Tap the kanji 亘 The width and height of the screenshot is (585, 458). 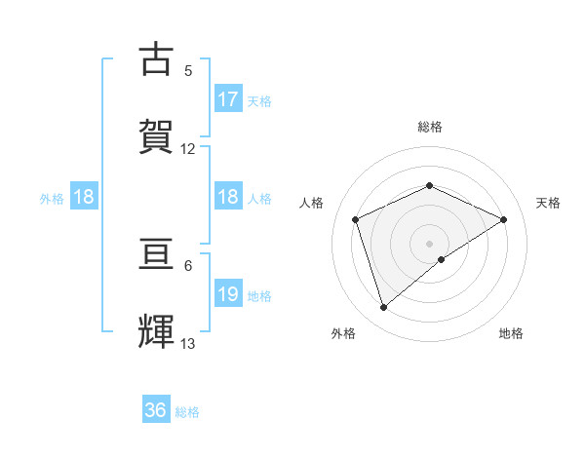coord(157,252)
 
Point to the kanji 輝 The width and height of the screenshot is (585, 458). coord(157,328)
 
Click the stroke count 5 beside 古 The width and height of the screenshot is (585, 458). coord(188,70)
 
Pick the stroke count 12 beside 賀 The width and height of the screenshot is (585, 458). coord(188,148)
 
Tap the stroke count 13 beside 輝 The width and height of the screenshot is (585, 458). coord(188,343)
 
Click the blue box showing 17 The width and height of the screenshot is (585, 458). coord(228,99)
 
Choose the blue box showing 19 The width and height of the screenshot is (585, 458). coord(228,294)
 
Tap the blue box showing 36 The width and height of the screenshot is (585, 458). coord(156,410)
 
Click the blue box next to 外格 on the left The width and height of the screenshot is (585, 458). coord(84,197)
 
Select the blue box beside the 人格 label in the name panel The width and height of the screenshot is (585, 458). coord(228,197)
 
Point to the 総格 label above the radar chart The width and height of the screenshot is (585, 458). coord(429,127)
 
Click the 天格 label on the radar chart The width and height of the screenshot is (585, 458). coord(548,203)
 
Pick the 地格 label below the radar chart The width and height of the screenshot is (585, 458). coord(511,333)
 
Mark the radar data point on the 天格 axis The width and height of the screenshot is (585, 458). coord(504,219)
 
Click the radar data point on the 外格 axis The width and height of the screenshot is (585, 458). coord(383,308)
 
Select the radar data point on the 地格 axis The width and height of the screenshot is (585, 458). coord(442,259)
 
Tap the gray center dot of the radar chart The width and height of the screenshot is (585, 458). coord(429,243)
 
